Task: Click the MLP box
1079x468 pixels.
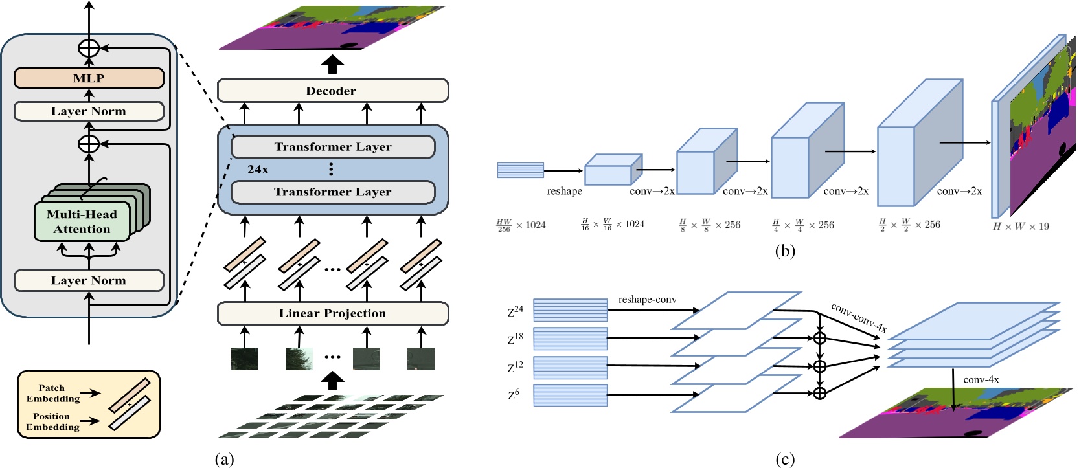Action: pyautogui.click(x=89, y=78)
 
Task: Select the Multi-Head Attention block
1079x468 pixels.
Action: pyautogui.click(x=82, y=221)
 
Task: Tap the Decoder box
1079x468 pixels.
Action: pyautogui.click(x=332, y=91)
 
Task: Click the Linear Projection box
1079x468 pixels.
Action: pyautogui.click(x=332, y=313)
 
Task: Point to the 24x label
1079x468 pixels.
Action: pyautogui.click(x=258, y=170)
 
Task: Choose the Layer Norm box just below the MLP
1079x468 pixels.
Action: pyautogui.click(x=89, y=111)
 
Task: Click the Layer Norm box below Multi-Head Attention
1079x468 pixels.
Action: pyautogui.click(x=89, y=281)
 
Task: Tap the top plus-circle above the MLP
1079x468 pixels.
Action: pyautogui.click(x=89, y=48)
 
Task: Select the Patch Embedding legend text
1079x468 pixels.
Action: pyautogui.click(x=52, y=394)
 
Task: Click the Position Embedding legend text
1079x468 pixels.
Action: pyautogui.click(x=52, y=421)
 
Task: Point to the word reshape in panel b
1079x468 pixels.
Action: pyautogui.click(x=564, y=192)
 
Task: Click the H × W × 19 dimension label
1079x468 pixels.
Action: pyautogui.click(x=1021, y=227)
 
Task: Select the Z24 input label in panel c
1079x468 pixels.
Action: pyautogui.click(x=515, y=311)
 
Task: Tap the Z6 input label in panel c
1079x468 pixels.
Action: pyautogui.click(x=514, y=394)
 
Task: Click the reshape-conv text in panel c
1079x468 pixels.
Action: pyautogui.click(x=647, y=300)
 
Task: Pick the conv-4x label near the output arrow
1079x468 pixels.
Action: pyautogui.click(x=981, y=380)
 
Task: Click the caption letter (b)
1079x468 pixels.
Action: pyautogui.click(x=784, y=251)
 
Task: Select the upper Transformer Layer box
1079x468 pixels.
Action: pyautogui.click(x=332, y=147)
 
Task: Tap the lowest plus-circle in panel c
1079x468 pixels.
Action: pyautogui.click(x=819, y=394)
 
